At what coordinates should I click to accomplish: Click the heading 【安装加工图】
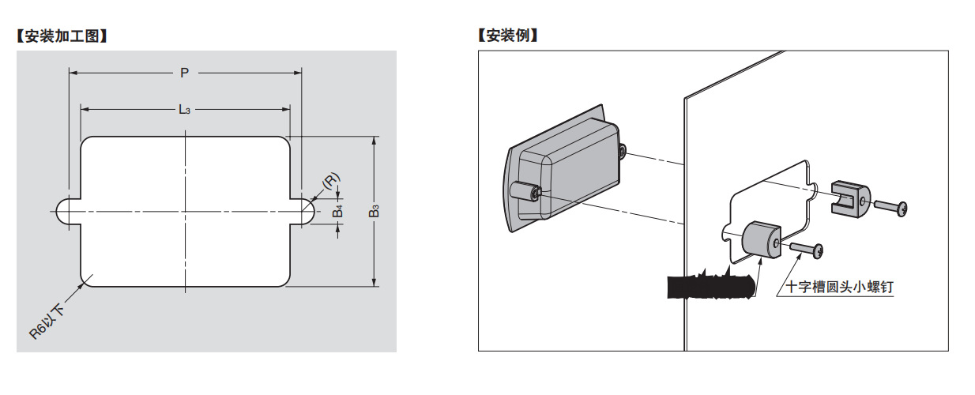coord(62,36)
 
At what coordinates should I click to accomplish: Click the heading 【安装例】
coord(508,36)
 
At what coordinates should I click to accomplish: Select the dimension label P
coord(184,73)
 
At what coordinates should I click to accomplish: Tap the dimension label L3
coord(184,109)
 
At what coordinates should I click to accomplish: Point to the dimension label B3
coord(375,211)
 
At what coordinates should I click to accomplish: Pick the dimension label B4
coord(338,211)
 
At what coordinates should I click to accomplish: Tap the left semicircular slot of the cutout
coord(65,211)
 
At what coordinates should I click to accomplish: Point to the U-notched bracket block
coord(849,197)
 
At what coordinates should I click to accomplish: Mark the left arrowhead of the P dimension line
coord(73,73)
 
